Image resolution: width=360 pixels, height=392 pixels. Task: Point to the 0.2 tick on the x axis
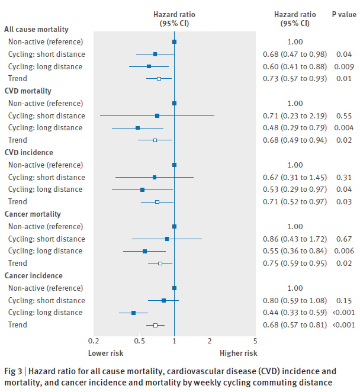click(x=93, y=342)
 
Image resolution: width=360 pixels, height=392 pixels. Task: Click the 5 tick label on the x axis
click(x=255, y=342)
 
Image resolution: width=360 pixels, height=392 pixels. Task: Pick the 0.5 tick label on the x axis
click(x=140, y=342)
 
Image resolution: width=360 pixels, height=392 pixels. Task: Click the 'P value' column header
click(x=343, y=15)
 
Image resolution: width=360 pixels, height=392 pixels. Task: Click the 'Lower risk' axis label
click(x=106, y=354)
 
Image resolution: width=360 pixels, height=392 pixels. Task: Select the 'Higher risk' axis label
click(x=239, y=354)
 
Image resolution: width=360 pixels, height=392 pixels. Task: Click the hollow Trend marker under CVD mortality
click(x=155, y=140)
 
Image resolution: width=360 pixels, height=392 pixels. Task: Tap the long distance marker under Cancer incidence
click(x=133, y=313)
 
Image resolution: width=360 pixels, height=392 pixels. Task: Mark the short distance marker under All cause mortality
click(x=155, y=54)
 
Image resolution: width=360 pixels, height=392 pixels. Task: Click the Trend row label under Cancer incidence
click(x=18, y=325)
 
